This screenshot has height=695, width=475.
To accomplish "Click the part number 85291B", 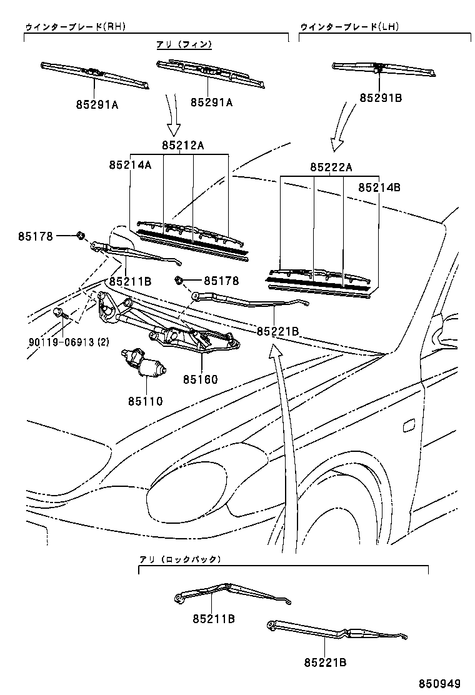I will [380, 98].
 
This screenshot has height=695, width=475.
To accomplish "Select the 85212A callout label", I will [183, 145].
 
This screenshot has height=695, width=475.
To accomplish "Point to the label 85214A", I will [130, 166].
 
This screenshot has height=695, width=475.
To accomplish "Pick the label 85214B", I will [379, 187].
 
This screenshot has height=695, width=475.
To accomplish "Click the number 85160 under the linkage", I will [201, 379].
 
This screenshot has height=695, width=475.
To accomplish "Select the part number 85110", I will [146, 401].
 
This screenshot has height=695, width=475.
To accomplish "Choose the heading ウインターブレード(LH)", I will [349, 27].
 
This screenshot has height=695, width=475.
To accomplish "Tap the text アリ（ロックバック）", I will [181, 559].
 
